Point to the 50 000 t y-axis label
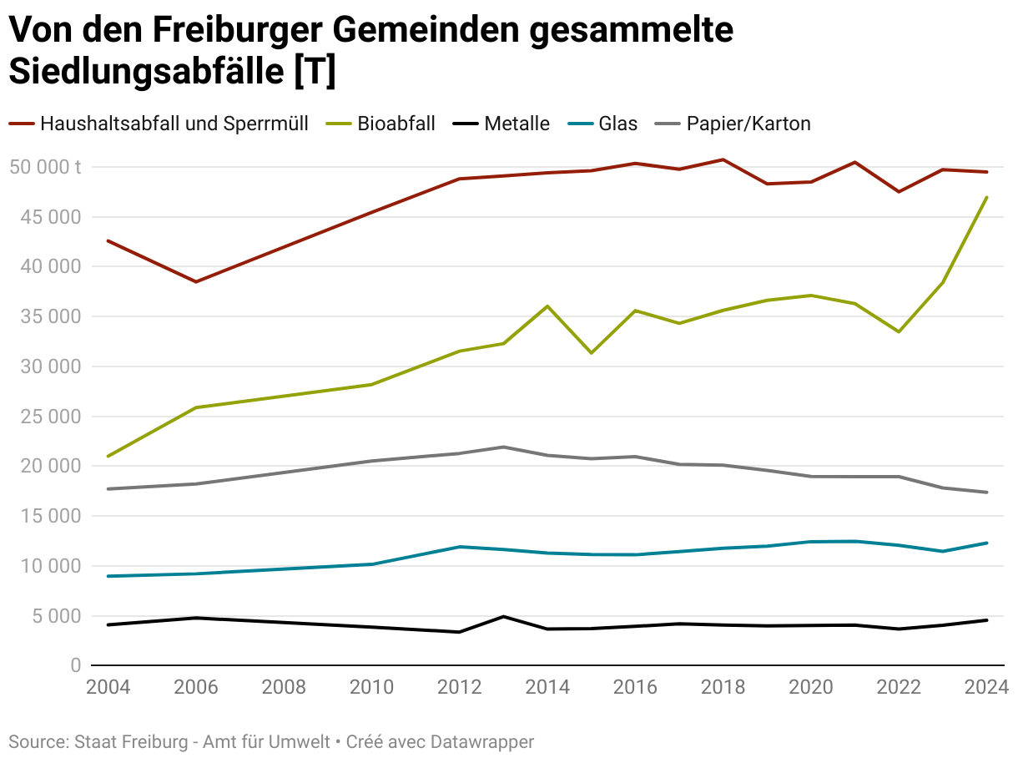pyautogui.click(x=46, y=167)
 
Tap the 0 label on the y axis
pyautogui.click(x=75, y=665)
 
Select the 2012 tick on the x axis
pyautogui.click(x=460, y=687)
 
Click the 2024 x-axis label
pyautogui.click(x=987, y=687)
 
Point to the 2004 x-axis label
pyautogui.click(x=108, y=687)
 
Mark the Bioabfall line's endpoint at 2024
pyautogui.click(x=987, y=198)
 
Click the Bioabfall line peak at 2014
pyautogui.click(x=547, y=306)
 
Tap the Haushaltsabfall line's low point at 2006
pyautogui.click(x=196, y=282)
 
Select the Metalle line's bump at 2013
pyautogui.click(x=504, y=617)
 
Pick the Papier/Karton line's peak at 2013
pyautogui.click(x=504, y=447)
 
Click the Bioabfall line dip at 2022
pyautogui.click(x=899, y=331)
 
